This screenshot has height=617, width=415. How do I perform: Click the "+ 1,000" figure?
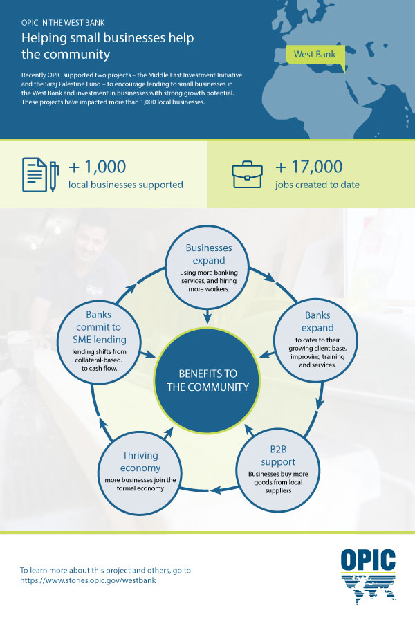coord(97,167)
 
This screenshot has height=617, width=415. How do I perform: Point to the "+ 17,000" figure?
coord(308,167)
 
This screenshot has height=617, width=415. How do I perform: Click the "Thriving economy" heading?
coord(140,461)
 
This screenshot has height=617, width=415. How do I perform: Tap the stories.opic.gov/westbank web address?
coord(88,580)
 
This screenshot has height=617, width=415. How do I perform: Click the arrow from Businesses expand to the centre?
coord(207,315)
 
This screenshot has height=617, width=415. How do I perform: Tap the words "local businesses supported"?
coord(125,185)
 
